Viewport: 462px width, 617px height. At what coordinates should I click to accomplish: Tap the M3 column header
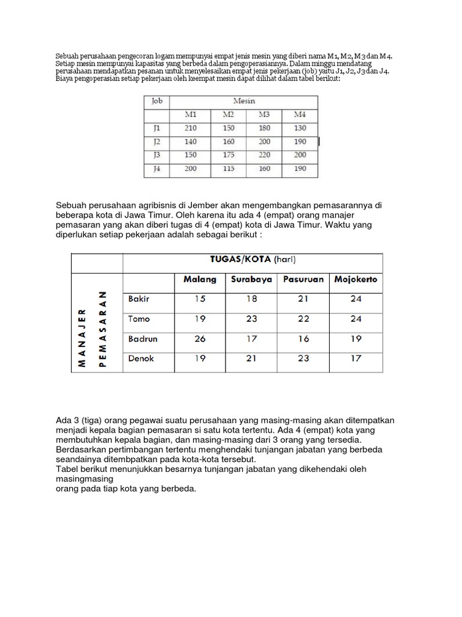[265, 114]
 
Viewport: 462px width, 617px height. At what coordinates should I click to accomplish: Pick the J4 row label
[156, 169]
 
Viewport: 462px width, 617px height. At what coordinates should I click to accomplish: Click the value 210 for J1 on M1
[191, 128]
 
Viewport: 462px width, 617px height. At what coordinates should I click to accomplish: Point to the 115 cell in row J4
[228, 169]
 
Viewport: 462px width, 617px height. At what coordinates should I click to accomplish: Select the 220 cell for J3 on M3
[265, 155]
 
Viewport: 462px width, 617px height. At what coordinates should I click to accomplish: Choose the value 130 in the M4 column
[300, 128]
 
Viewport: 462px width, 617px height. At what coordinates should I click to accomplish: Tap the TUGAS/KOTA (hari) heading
[252, 260]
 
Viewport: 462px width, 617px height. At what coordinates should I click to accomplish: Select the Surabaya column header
[251, 280]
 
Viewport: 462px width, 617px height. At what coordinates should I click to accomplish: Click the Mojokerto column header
[356, 280]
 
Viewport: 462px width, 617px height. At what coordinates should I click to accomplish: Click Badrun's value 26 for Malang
[200, 339]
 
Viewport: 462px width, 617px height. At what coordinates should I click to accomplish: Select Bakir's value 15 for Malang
[200, 298]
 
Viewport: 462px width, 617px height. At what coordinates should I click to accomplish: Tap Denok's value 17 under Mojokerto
[356, 358]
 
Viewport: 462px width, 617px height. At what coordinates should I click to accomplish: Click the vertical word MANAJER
[82, 329]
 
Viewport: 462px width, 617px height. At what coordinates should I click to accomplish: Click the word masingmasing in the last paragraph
[85, 478]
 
